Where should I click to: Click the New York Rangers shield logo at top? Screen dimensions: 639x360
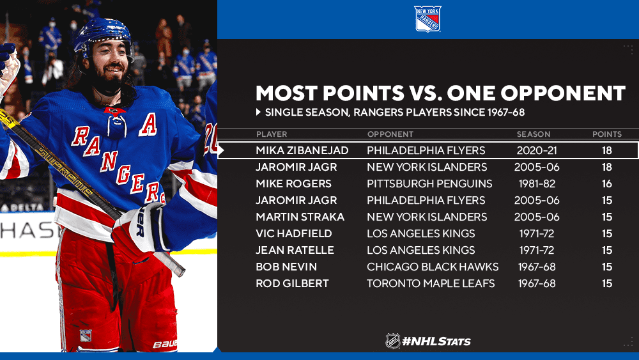pyautogui.click(x=427, y=19)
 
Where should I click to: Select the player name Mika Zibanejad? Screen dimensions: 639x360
pyautogui.click(x=302, y=150)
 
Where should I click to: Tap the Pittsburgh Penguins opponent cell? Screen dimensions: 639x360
pyautogui.click(x=429, y=184)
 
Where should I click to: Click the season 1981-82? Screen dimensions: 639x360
pyautogui.click(x=537, y=184)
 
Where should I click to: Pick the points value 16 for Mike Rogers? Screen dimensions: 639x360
pyautogui.click(x=607, y=184)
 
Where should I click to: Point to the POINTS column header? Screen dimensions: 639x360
pyautogui.click(x=607, y=134)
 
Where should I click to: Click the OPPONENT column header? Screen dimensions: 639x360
pyautogui.click(x=390, y=134)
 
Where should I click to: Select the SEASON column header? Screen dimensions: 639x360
pyautogui.click(x=534, y=134)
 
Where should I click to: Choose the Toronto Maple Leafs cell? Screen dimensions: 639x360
pyautogui.click(x=431, y=283)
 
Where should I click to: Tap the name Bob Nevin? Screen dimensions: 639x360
pyautogui.click(x=286, y=267)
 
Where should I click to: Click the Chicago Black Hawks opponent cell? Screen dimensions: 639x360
pyautogui.click(x=433, y=267)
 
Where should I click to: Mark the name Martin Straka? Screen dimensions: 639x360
pyautogui.click(x=300, y=217)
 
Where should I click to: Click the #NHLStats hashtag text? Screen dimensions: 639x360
pyautogui.click(x=436, y=341)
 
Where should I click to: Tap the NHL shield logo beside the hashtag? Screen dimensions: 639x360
pyautogui.click(x=393, y=341)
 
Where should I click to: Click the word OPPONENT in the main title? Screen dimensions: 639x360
pyautogui.click(x=563, y=93)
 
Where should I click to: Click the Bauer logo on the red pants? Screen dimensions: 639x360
pyautogui.click(x=165, y=344)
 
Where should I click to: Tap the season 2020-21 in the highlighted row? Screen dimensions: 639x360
pyautogui.click(x=537, y=150)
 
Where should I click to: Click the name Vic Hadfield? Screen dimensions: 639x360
pyautogui.click(x=294, y=233)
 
